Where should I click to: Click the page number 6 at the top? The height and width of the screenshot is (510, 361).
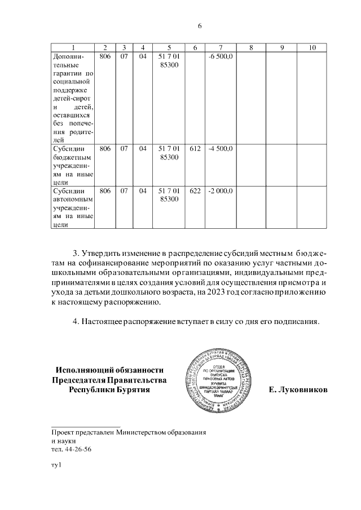pos(200,26)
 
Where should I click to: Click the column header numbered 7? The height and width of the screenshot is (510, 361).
pos(220,47)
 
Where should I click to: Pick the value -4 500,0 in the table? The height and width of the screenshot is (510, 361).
pos(220,149)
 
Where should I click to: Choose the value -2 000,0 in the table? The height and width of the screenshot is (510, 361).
pos(220,192)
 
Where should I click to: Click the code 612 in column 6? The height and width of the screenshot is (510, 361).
pos(195,149)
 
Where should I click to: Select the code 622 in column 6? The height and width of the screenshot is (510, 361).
pos(195,192)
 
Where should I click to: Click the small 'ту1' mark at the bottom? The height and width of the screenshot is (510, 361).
pos(55,465)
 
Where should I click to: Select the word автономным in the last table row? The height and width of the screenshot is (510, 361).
pos(72,199)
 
